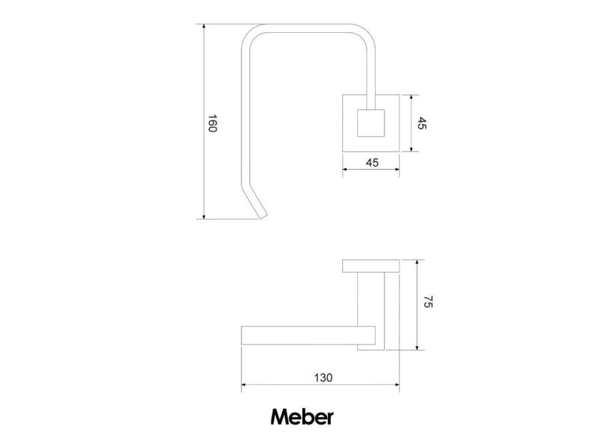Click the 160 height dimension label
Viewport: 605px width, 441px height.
(x=211, y=123)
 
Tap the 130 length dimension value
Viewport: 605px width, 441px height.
(x=322, y=377)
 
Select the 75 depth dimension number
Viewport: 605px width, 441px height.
(x=428, y=303)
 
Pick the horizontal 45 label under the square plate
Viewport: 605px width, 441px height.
(x=371, y=162)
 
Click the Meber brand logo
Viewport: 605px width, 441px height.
(x=302, y=416)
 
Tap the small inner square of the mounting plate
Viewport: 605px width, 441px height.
(x=370, y=123)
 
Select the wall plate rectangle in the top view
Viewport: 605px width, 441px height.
(x=371, y=266)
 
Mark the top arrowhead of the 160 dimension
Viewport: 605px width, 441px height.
(x=204, y=27)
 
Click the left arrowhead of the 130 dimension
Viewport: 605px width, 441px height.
(x=244, y=387)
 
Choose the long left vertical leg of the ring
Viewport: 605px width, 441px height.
(x=243, y=120)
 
